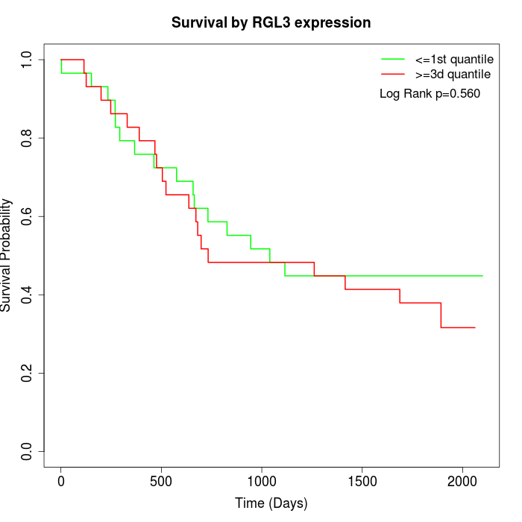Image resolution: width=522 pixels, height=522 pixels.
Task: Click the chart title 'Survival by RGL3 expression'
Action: click(271, 22)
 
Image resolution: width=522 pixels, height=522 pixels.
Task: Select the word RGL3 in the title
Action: click(291, 22)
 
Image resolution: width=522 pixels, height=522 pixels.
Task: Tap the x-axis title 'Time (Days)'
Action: click(271, 503)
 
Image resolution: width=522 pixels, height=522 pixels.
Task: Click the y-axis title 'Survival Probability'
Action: click(7, 255)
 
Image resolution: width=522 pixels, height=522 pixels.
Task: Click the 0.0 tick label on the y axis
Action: click(28, 451)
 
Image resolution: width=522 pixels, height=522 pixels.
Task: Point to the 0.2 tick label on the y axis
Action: click(28, 373)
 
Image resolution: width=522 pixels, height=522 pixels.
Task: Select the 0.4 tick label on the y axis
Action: click(28, 295)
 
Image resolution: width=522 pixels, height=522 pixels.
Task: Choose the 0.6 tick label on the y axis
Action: click(28, 216)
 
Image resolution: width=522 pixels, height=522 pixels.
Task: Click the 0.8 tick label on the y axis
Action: click(28, 138)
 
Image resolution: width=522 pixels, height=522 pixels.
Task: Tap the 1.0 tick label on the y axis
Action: click(28, 60)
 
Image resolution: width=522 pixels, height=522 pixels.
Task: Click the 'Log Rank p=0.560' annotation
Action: click(430, 94)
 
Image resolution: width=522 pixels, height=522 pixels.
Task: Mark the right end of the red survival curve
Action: click(475, 327)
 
